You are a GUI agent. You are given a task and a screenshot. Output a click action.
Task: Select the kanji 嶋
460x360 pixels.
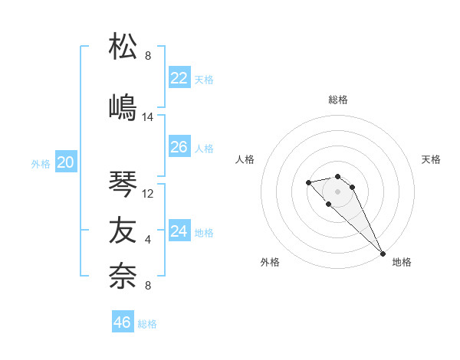(123, 106)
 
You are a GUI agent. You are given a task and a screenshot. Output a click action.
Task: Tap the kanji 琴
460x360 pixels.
(123, 184)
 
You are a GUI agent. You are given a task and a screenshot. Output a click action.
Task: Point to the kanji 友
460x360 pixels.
(123, 229)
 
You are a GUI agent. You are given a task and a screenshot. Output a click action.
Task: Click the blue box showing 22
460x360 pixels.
(179, 78)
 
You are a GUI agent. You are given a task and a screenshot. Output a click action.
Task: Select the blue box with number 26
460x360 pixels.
(179, 147)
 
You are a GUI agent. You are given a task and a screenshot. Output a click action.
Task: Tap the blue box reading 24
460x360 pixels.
(179, 231)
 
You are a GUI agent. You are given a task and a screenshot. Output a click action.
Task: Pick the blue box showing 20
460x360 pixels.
(66, 162)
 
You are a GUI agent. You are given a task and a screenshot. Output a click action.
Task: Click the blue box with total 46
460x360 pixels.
(123, 322)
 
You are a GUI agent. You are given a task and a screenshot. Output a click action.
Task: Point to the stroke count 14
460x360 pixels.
(148, 117)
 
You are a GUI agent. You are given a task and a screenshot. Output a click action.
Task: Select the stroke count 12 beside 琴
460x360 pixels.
(148, 194)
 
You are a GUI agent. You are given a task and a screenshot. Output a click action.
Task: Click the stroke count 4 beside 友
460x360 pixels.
(148, 240)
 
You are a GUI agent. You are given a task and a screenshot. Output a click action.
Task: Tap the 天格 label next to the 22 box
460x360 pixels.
(204, 80)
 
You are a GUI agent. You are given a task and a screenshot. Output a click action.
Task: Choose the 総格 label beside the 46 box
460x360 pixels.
(147, 324)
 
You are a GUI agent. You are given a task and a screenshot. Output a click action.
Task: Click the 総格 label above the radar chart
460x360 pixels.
(338, 100)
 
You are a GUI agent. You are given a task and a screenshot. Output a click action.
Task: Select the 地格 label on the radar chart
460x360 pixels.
(402, 262)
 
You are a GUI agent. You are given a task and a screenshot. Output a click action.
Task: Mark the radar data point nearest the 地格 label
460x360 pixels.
(383, 254)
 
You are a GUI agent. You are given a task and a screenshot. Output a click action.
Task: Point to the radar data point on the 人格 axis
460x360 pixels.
(308, 182)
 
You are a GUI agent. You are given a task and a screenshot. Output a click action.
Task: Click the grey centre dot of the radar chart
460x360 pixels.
(338, 191)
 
